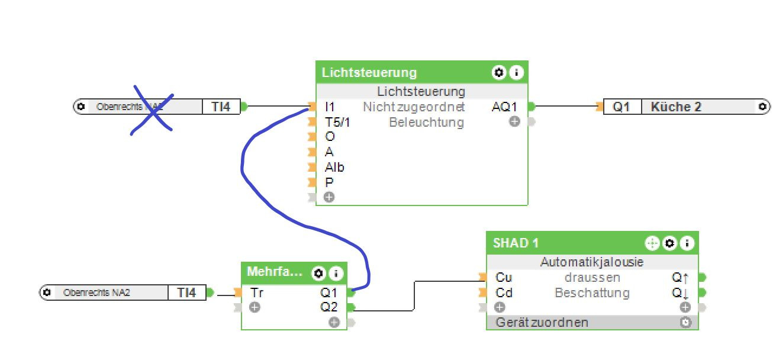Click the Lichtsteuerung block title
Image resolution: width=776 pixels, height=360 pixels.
pyautogui.click(x=369, y=73)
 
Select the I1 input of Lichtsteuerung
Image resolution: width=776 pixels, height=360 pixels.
pyautogui.click(x=330, y=107)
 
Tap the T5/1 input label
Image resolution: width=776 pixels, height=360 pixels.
pyautogui.click(x=337, y=123)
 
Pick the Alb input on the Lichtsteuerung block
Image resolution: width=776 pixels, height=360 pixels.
pyautogui.click(x=334, y=168)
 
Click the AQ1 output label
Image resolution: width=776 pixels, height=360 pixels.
pyautogui.click(x=504, y=107)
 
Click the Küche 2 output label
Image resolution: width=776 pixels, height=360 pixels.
pyautogui.click(x=675, y=107)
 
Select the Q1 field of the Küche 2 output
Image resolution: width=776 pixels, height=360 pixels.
pyautogui.click(x=621, y=107)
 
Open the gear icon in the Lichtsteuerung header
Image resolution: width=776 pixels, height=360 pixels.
pyautogui.click(x=498, y=73)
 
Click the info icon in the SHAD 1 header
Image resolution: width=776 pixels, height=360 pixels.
pyautogui.click(x=687, y=243)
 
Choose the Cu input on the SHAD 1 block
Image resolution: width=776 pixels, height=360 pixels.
pyautogui.click(x=504, y=278)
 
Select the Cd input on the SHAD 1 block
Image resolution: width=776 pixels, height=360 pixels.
pyautogui.click(x=504, y=293)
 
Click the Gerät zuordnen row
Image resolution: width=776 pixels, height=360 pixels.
pyautogui.click(x=542, y=323)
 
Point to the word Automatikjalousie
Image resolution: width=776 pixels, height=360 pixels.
pyautogui.click(x=591, y=262)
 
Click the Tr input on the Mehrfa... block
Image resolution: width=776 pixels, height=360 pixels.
pyautogui.click(x=257, y=292)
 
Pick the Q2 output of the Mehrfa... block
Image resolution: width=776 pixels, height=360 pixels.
pyautogui.click(x=329, y=307)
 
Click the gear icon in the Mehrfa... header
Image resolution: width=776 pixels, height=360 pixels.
pyautogui.click(x=318, y=273)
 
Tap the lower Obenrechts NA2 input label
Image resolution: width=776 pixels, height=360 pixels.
pyautogui.click(x=96, y=292)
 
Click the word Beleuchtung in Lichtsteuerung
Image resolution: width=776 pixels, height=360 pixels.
pyautogui.click(x=426, y=123)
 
